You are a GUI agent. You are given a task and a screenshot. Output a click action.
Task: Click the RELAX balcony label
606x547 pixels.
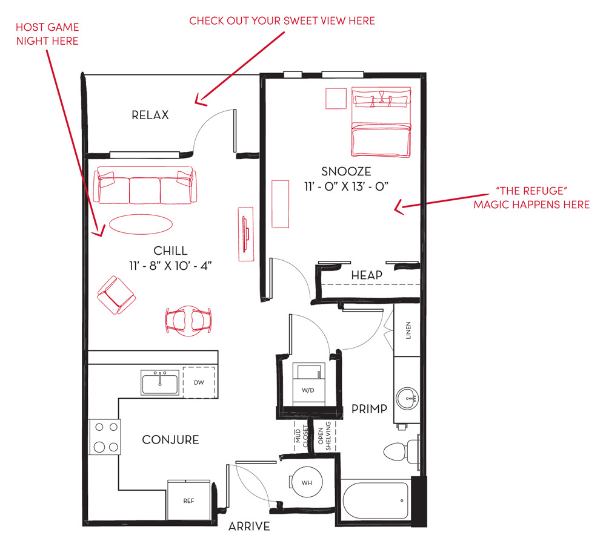tap(150, 115)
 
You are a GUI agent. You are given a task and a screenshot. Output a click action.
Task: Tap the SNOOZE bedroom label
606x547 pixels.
tap(346, 171)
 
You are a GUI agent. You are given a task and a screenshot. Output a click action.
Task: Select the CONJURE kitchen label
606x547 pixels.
tap(170, 440)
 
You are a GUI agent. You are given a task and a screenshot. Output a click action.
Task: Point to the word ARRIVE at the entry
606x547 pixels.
tap(249, 526)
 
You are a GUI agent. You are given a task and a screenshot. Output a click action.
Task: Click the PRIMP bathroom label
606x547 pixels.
tap(369, 409)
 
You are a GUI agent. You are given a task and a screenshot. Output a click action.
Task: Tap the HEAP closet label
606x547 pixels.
tap(367, 275)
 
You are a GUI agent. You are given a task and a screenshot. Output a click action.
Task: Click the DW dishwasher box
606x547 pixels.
tap(199, 382)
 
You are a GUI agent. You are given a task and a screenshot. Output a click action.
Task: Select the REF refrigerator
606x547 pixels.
tap(189, 500)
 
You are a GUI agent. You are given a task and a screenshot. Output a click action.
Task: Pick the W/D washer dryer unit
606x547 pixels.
tap(308, 384)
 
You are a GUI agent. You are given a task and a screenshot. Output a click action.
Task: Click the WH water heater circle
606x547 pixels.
tap(307, 482)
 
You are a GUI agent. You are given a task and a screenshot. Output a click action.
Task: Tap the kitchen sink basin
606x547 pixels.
tap(161, 383)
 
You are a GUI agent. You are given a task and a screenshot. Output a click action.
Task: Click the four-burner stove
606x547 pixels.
tap(104, 437)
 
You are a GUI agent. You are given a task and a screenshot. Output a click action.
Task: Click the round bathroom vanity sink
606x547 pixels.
tap(408, 399)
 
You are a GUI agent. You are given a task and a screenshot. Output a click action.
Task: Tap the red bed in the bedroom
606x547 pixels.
tap(381, 122)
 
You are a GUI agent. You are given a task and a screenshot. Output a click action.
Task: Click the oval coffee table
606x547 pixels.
tap(141, 224)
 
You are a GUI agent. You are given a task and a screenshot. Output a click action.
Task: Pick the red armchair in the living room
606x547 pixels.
tap(116, 295)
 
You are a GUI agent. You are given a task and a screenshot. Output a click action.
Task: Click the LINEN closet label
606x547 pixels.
tap(408, 330)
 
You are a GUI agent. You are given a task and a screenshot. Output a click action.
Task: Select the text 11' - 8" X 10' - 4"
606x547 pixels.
tap(170, 266)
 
